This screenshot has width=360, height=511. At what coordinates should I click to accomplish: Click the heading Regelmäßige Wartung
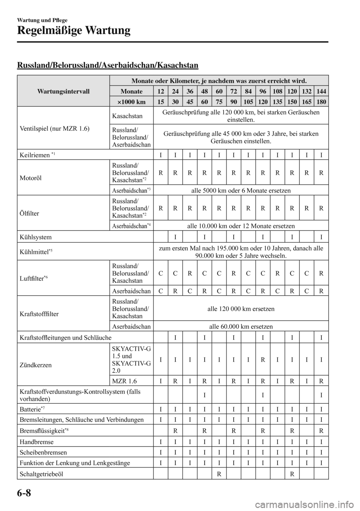click(74, 30)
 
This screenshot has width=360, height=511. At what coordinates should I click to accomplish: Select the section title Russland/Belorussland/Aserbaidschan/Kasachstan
click(108, 65)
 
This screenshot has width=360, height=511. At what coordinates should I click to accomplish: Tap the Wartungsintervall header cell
click(63, 91)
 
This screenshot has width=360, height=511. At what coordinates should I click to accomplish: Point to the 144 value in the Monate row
click(321, 91)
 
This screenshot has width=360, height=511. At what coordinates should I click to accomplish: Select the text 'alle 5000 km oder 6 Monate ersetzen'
click(241, 191)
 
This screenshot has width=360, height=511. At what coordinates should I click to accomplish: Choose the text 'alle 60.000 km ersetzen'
click(241, 326)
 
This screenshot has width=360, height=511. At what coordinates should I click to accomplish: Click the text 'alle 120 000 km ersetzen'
click(241, 309)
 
